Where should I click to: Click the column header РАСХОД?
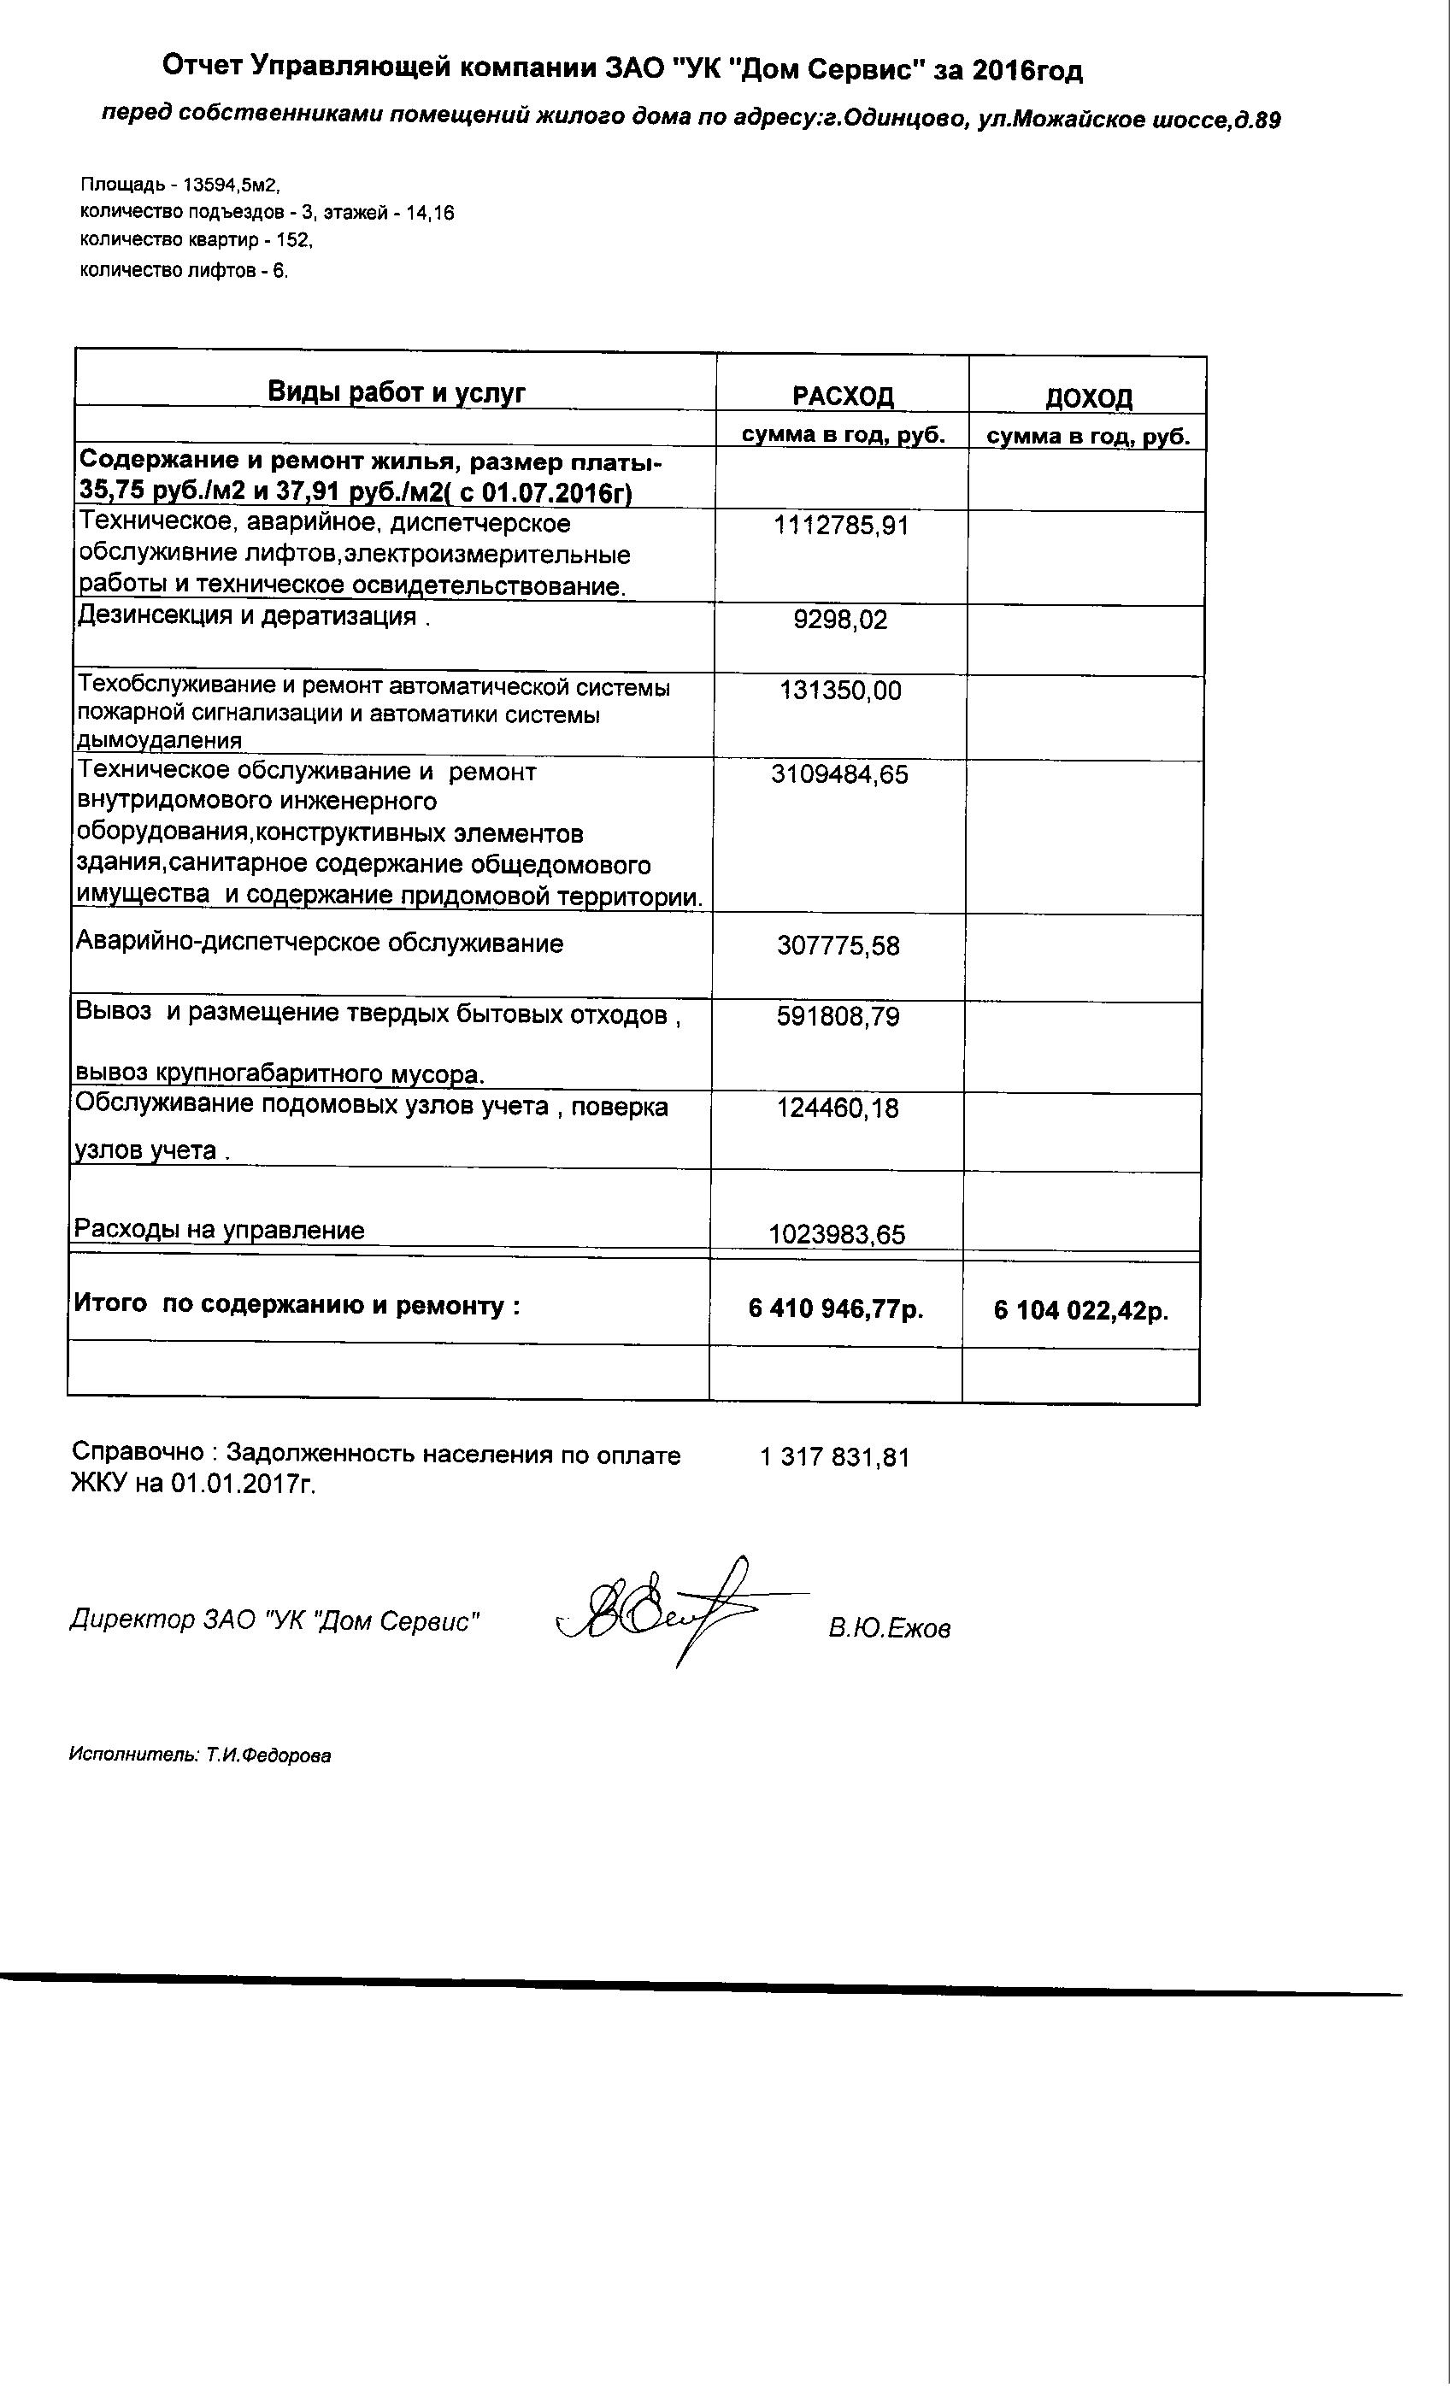(x=842, y=397)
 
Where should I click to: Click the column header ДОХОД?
(x=1088, y=398)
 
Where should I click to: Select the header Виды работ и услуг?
(x=397, y=392)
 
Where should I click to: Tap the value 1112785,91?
(x=841, y=526)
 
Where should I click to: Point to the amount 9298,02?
(x=840, y=620)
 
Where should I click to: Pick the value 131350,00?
(x=840, y=691)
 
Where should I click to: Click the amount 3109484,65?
(x=839, y=774)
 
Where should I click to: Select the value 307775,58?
(x=838, y=945)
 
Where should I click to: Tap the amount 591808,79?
(x=838, y=1017)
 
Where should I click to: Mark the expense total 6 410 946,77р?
(x=835, y=1309)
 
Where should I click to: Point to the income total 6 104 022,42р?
(x=1080, y=1311)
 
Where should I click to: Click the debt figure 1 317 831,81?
(x=834, y=1457)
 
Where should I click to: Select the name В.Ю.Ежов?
(x=890, y=1629)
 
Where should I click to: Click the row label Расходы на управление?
(x=220, y=1230)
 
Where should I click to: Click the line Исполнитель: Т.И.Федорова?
(x=200, y=1755)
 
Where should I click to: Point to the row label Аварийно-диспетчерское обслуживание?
(x=320, y=943)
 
